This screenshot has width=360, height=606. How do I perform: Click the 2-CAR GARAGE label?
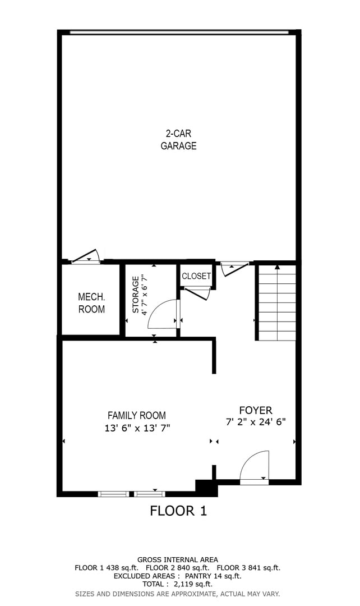(178, 140)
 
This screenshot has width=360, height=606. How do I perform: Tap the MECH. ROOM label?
(91, 303)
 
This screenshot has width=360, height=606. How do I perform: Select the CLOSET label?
(196, 276)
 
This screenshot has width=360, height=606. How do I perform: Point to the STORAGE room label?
(135, 295)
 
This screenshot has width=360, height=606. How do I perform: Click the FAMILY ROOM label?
(136, 416)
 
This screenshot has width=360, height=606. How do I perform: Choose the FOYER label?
(255, 411)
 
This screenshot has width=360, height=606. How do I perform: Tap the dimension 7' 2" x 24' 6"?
(256, 423)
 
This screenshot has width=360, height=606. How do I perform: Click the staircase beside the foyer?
(276, 306)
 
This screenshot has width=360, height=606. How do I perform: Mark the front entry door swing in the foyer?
(255, 467)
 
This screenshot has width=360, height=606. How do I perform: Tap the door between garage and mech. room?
(86, 256)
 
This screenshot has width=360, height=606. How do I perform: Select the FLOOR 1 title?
(178, 511)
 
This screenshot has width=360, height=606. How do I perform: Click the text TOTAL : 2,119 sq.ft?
(177, 584)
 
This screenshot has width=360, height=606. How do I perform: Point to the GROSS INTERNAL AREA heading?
(178, 559)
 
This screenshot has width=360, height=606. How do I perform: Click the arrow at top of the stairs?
(277, 267)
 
